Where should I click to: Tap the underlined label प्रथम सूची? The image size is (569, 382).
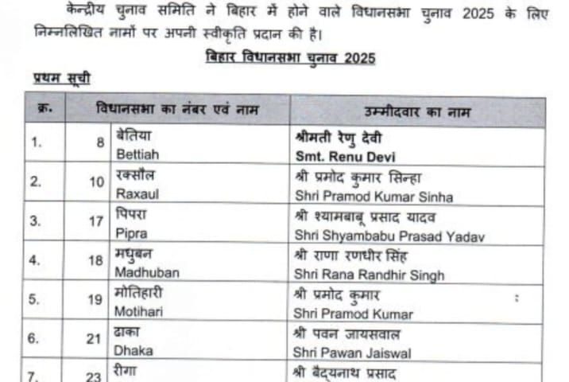pyautogui.click(x=61, y=78)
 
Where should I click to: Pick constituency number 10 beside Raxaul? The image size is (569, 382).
pyautogui.click(x=97, y=182)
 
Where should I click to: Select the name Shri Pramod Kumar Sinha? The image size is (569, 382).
pyautogui.click(x=373, y=197)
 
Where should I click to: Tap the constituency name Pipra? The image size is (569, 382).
pyautogui.click(x=131, y=236)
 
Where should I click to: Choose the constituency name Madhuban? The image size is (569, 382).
pyautogui.click(x=148, y=273)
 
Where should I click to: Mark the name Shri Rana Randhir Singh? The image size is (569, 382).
pyautogui.click(x=369, y=275)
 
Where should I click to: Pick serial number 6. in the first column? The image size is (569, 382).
pyautogui.click(x=35, y=337)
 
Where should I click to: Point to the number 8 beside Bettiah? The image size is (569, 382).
pyautogui.click(x=100, y=143)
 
